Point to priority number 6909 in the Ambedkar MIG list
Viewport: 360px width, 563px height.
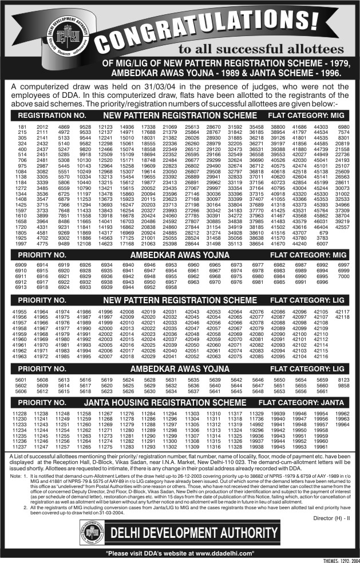tap(21, 265)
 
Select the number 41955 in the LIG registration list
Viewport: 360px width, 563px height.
tap(21, 311)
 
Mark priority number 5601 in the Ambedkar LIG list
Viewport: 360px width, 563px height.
tap(21, 379)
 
